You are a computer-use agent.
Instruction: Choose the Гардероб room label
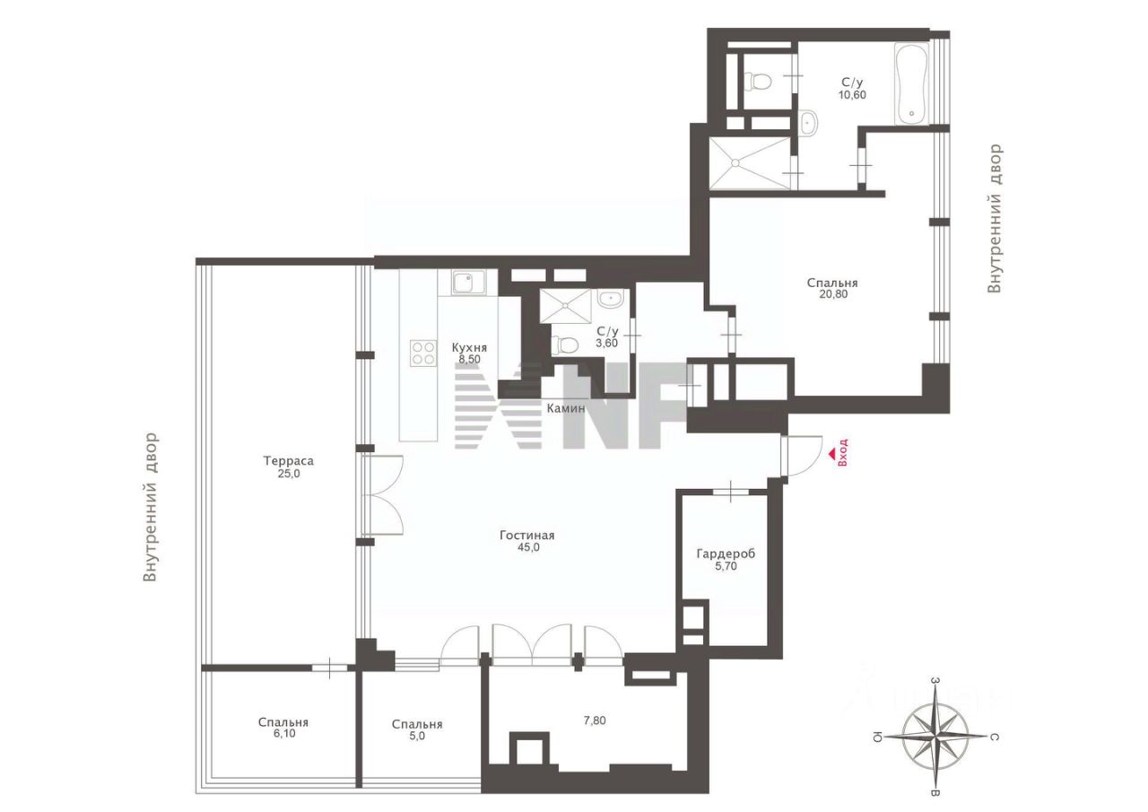726,560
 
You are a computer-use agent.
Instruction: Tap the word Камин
566,407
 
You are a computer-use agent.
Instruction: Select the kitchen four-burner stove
422,353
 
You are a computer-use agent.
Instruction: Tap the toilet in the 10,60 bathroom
760,83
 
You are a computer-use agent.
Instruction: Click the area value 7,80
594,720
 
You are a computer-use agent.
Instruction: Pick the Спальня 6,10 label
283,728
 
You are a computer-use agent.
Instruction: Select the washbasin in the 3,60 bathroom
613,298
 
